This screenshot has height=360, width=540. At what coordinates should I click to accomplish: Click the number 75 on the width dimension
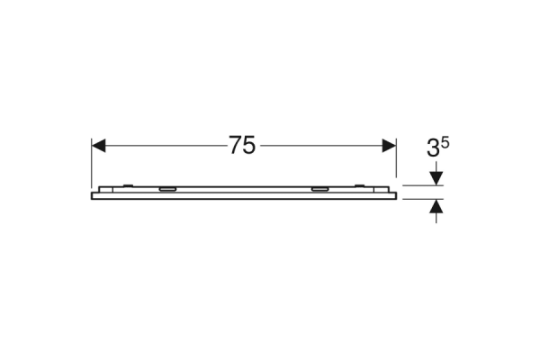pyautogui.click(x=242, y=145)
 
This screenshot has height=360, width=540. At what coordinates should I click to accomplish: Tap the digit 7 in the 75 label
pyautogui.click(x=236, y=145)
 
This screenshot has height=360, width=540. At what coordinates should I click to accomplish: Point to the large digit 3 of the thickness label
pyautogui.click(x=433, y=148)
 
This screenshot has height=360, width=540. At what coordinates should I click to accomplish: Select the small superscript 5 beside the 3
pyautogui.click(x=445, y=142)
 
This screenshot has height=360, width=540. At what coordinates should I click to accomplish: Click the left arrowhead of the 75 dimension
pyautogui.click(x=98, y=146)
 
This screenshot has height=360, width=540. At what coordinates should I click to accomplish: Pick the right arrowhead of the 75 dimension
pyautogui.click(x=389, y=146)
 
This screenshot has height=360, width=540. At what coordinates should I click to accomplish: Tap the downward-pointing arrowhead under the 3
pyautogui.click(x=436, y=178)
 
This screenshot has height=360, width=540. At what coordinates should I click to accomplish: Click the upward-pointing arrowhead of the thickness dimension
pyautogui.click(x=436, y=206)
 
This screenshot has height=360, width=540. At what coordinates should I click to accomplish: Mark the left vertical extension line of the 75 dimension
pyautogui.click(x=92, y=163)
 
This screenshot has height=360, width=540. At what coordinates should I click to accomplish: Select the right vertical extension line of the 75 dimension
pyautogui.click(x=396, y=157)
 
